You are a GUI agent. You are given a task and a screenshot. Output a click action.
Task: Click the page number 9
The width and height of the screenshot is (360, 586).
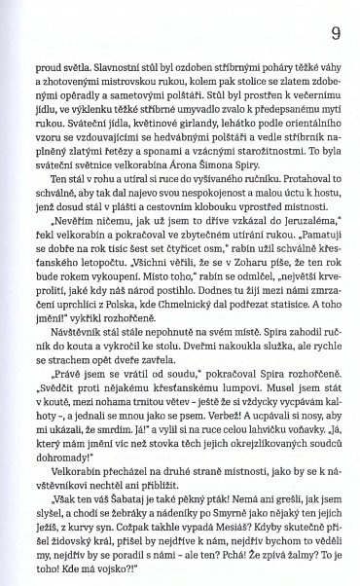point(335,34)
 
